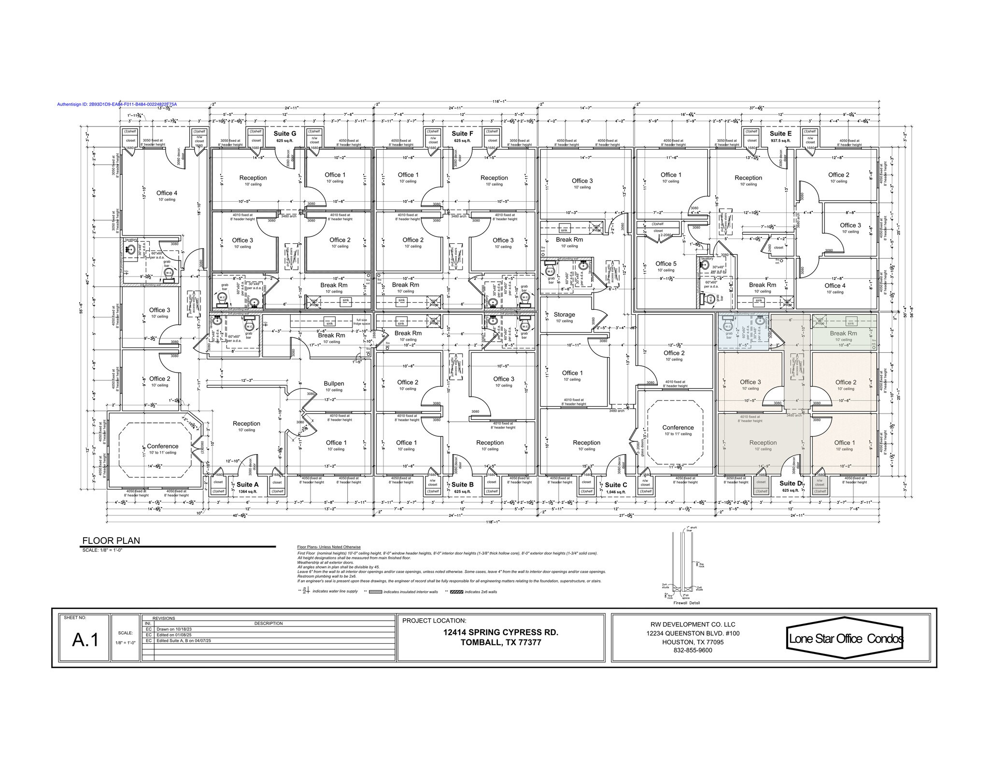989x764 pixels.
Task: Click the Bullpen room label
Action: [334, 384]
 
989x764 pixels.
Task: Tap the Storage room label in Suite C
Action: [564, 314]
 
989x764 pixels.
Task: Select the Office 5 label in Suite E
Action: [666, 264]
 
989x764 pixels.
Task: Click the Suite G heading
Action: [285, 134]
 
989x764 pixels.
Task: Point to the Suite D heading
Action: [791, 483]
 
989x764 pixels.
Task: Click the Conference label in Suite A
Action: [162, 446]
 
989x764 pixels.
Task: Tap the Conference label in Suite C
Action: [678, 427]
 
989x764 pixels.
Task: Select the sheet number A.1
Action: [85, 640]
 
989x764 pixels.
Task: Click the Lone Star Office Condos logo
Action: [846, 638]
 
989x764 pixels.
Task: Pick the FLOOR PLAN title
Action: [111, 541]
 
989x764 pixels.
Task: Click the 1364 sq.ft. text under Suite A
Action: [248, 492]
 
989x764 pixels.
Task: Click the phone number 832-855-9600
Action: [692, 650]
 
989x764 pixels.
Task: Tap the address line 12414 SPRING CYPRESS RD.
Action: [501, 632]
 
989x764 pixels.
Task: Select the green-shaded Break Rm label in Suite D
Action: [843, 333]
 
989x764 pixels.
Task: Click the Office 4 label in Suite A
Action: [167, 193]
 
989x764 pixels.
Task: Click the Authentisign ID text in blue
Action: [117, 104]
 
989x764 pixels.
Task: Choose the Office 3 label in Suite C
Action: [582, 181]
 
